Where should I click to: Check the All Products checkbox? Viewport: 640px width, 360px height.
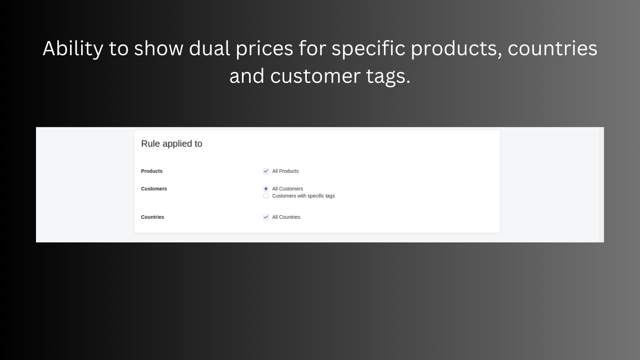point(266,171)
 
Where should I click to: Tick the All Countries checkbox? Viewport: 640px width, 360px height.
point(266,217)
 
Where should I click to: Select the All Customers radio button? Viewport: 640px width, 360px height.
point(266,189)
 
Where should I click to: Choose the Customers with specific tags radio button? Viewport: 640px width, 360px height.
point(266,196)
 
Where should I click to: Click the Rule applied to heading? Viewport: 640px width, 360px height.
point(172,144)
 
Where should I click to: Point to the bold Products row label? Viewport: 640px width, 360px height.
point(152,171)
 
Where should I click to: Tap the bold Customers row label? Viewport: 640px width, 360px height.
point(154,189)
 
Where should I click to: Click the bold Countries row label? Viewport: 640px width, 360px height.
point(152,217)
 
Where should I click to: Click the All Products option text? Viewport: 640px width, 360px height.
point(285,171)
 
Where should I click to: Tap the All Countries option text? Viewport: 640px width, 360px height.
point(286,217)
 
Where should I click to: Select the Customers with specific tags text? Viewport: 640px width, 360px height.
point(303,196)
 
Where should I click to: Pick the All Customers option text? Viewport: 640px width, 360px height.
point(288,189)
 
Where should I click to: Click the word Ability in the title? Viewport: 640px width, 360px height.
point(73,49)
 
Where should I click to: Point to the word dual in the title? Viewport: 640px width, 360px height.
point(210,49)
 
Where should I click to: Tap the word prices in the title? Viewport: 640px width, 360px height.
point(264,49)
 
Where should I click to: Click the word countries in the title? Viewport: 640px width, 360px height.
point(552,49)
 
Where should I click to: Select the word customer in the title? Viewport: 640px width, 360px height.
point(315,76)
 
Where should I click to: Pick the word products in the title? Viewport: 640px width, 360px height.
point(456,49)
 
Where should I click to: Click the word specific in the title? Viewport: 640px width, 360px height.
point(368,49)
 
